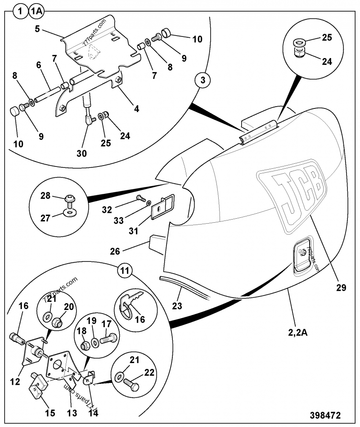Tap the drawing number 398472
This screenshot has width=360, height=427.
[324, 414]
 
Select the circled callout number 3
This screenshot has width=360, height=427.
[202, 81]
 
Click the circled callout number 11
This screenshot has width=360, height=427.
[125, 271]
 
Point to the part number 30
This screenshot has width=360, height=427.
[81, 153]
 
